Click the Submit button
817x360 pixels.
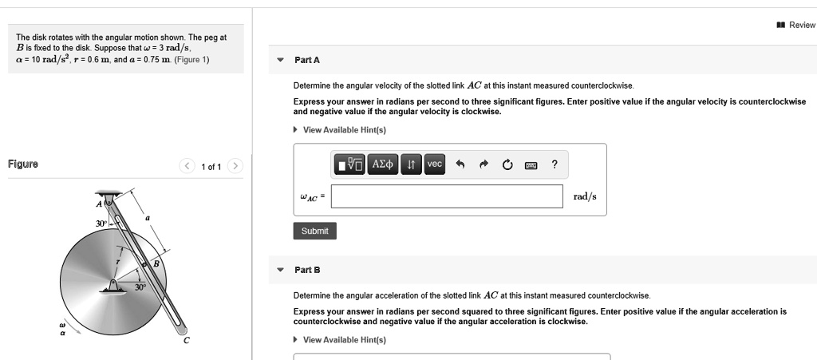pyautogui.click(x=314, y=231)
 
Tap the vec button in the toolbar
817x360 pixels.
pyautogui.click(x=434, y=164)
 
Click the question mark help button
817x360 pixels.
pyautogui.click(x=555, y=164)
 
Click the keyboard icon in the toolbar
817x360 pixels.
pyautogui.click(x=531, y=165)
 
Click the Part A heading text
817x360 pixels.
pyautogui.click(x=307, y=60)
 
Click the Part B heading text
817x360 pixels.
pyautogui.click(x=307, y=270)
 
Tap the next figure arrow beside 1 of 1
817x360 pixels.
pyautogui.click(x=235, y=166)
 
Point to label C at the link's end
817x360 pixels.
pyautogui.click(x=187, y=341)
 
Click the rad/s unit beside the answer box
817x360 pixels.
pyautogui.click(x=585, y=196)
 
